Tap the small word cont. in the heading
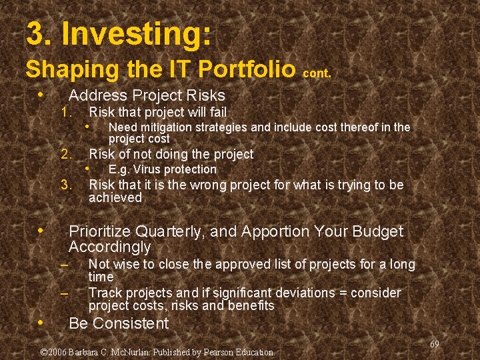click(317, 73)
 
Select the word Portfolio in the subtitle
click(247, 69)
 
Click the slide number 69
click(435, 344)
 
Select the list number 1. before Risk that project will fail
click(67, 113)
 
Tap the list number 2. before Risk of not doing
click(67, 154)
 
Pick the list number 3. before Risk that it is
click(67, 185)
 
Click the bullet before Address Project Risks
click(41, 94)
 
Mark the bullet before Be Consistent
click(41, 323)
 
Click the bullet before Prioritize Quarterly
click(41, 230)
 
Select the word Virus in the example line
click(145, 169)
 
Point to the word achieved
click(115, 198)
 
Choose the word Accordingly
click(110, 247)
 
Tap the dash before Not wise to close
click(64, 264)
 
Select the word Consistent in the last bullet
click(131, 323)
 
